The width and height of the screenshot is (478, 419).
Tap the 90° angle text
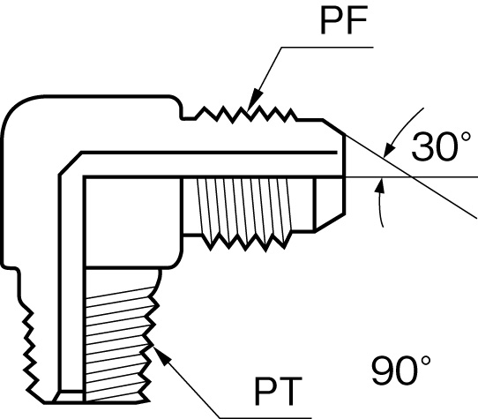401,369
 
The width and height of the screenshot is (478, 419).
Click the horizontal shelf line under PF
327,48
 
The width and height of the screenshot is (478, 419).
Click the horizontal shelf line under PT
265,418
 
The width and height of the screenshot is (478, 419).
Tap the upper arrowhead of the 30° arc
388,150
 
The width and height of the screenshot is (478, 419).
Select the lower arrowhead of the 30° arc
378,185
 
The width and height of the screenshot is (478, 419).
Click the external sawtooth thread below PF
245,115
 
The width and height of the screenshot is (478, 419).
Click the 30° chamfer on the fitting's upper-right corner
333,128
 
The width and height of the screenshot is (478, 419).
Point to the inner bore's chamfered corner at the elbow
71,163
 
